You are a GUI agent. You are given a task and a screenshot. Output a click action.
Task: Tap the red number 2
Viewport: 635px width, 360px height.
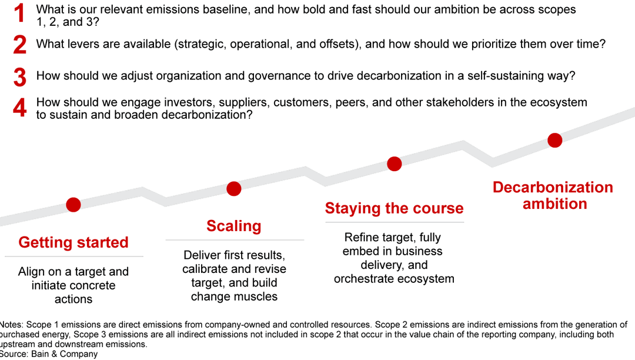pos(19,45)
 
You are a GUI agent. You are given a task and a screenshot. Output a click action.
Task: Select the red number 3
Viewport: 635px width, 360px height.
pos(19,76)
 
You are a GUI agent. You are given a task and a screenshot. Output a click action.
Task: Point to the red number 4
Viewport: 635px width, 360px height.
pos(19,108)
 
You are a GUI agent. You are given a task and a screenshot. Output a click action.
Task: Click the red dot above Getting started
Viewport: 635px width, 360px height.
pos(73,204)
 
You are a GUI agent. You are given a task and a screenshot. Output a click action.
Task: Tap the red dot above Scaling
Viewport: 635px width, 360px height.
pos(234,188)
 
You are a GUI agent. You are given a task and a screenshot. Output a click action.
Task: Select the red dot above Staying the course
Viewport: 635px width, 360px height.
pos(395,164)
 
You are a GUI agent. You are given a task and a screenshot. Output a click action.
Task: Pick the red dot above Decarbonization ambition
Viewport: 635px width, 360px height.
pos(554,140)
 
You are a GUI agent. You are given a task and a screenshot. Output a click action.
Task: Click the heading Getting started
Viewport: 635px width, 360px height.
pos(73,242)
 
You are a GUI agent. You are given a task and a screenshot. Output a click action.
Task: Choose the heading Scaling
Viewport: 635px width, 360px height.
pos(234,226)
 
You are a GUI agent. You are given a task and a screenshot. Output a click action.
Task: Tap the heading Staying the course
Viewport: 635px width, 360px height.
pos(394,208)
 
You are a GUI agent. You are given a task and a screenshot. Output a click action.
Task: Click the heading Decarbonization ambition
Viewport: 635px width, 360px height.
pos(553,195)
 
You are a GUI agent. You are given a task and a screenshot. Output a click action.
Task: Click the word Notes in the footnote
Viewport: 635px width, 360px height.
pos(11,325)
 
